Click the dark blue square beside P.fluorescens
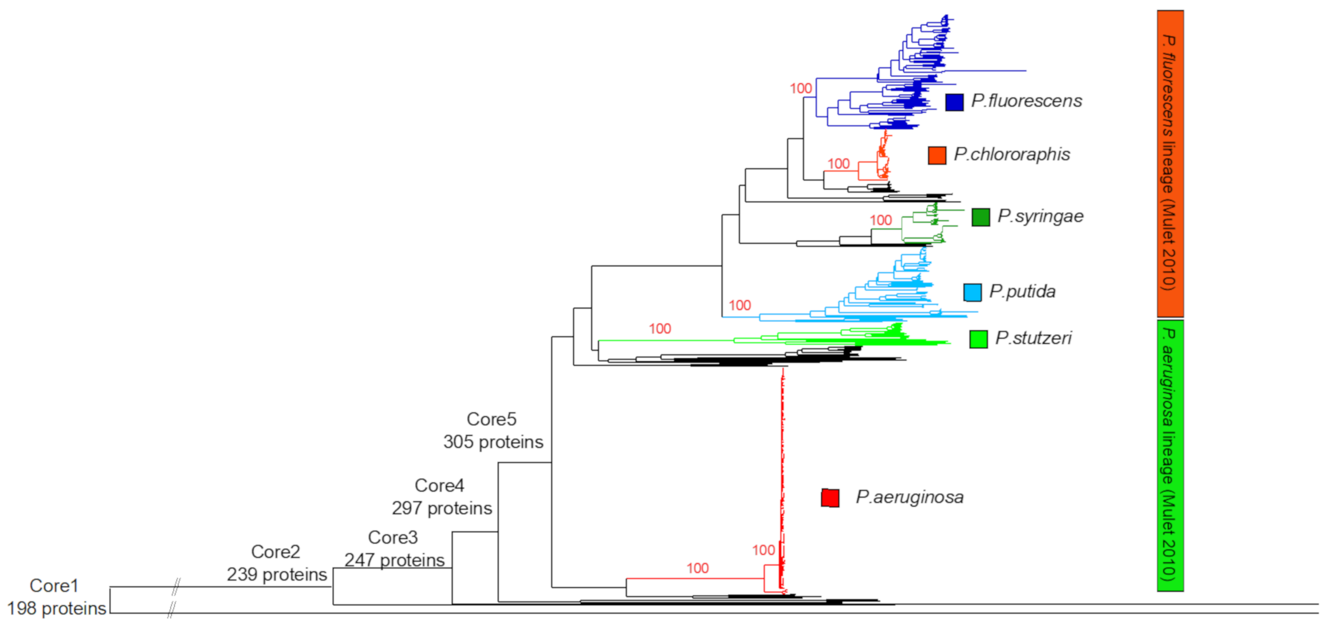(954, 102)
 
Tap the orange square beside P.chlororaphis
(936, 155)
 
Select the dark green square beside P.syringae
(980, 217)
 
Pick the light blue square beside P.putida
(972, 292)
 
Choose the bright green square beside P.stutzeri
(978, 339)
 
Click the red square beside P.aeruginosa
(830, 498)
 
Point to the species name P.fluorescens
(1026, 101)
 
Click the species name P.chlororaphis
(1012, 154)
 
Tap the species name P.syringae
(1040, 216)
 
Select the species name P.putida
(1022, 291)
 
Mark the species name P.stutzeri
(1033, 338)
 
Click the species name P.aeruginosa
(910, 497)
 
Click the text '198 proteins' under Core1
(57, 609)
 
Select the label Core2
(275, 551)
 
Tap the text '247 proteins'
(395, 559)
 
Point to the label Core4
(439, 485)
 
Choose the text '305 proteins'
(493, 442)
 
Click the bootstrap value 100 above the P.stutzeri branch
(660, 329)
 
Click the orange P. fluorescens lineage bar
(1170, 164)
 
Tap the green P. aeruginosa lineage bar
(1170, 455)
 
